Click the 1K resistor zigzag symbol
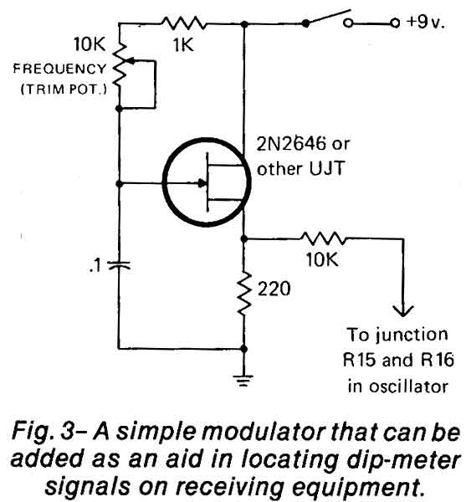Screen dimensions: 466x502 point(184,23)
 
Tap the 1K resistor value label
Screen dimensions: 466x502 point(183,44)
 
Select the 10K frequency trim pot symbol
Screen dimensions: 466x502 point(120,65)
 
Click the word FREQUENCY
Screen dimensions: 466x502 point(60,69)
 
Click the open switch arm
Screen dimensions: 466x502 point(328,18)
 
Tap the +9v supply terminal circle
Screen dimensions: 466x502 point(395,23)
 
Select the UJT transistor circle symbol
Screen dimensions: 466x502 point(207,182)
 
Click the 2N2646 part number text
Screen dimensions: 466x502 point(292,144)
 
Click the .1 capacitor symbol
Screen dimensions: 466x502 point(119,264)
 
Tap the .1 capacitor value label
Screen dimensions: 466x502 point(95,265)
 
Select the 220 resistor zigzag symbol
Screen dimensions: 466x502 point(244,294)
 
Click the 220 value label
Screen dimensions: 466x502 point(274,289)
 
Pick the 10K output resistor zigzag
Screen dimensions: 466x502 point(323,238)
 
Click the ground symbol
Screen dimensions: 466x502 point(243,381)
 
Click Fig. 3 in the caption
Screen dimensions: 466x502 point(44,432)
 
